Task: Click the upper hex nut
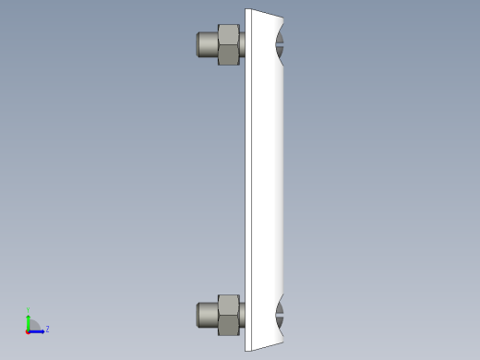[229, 44]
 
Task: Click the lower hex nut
[228, 315]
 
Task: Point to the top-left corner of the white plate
[246, 10]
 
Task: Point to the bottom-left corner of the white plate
[246, 350]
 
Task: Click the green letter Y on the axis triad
[29, 310]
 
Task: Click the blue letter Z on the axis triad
[47, 329]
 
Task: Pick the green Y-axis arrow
[29, 320]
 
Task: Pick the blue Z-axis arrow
[38, 330]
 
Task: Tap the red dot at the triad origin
[29, 330]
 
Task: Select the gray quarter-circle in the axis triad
[32, 325]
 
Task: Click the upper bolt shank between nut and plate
[243, 44]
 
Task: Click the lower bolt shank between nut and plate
[243, 315]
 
